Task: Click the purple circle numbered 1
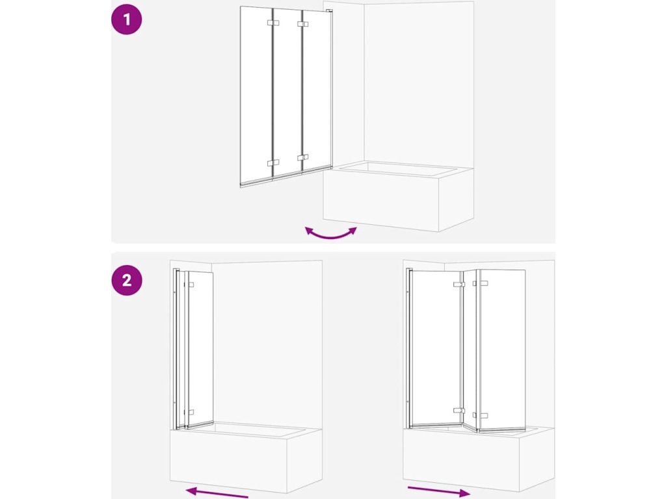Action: click(x=127, y=19)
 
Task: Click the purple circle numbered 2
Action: click(x=127, y=281)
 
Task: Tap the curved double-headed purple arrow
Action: click(x=331, y=234)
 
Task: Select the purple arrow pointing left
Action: click(x=217, y=493)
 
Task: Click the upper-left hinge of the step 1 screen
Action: click(x=273, y=23)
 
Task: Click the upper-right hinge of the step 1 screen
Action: click(x=302, y=25)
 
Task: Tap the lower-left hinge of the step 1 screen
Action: click(x=273, y=163)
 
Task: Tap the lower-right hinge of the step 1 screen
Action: click(x=302, y=157)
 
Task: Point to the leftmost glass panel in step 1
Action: click(x=256, y=96)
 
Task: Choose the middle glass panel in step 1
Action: click(x=287, y=94)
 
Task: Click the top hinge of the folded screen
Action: click(x=191, y=285)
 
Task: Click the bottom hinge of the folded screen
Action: click(x=191, y=412)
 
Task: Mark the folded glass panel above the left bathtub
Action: click(x=200, y=349)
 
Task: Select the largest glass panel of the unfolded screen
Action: click(x=436, y=348)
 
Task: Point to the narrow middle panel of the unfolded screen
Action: click(x=470, y=350)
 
